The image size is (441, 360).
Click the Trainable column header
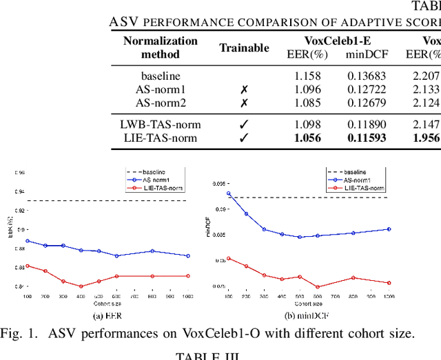coord(244,47)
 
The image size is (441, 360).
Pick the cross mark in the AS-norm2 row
coord(244,103)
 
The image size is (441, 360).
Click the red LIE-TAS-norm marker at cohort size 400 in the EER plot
coord(81,286)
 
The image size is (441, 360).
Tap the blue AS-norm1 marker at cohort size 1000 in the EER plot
coord(188,255)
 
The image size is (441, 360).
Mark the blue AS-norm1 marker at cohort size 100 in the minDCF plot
coord(229,193)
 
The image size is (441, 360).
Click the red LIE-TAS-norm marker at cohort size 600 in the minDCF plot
coord(318,287)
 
